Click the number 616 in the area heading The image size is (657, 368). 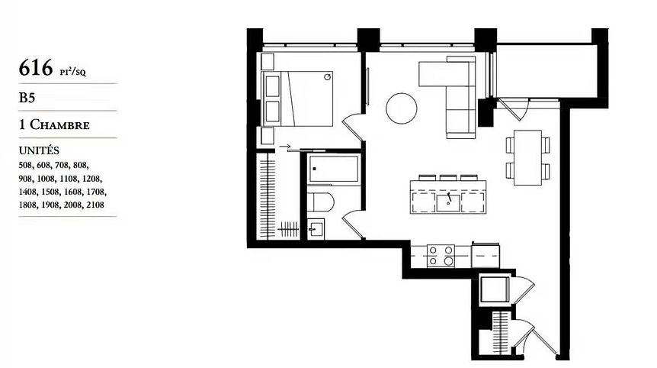36,67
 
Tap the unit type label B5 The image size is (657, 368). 27,98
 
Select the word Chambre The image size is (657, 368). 59,124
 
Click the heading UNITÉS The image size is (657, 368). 39,150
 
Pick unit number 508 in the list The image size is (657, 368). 26,165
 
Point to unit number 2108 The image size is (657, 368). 95,205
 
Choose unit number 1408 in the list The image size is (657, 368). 27,192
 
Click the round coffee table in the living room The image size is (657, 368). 402,108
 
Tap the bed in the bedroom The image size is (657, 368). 297,98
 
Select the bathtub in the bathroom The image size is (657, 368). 334,169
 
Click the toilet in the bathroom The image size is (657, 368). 321,202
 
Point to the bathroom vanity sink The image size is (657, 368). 316,229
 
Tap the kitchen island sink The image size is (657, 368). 448,202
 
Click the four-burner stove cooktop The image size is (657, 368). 441,256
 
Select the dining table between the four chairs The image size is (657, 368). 528,158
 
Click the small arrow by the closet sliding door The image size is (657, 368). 285,147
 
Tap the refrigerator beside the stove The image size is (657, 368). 486,256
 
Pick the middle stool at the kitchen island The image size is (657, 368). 448,177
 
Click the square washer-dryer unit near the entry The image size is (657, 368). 495,289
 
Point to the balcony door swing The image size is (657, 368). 512,110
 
